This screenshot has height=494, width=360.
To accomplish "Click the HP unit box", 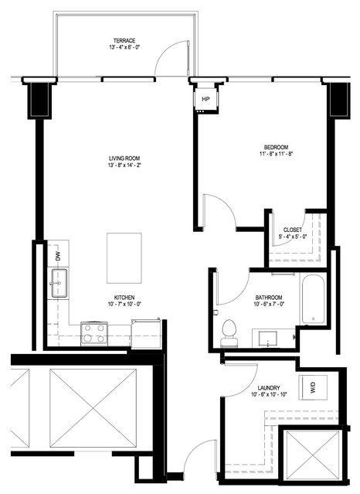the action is coord(205,99).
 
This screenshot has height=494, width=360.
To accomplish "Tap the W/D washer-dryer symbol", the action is coord(313,387).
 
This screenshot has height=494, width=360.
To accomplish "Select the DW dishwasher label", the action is coord(58,257).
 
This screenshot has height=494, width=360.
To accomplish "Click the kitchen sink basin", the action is coord(59,283).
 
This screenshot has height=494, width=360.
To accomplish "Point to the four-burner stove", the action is coord(94,334).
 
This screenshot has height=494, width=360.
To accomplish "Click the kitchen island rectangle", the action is coord(124,258).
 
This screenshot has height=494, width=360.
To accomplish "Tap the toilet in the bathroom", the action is coord(229,333).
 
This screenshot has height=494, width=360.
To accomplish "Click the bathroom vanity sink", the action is coord(268,339).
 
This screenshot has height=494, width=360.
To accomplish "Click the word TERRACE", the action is coord(124,41).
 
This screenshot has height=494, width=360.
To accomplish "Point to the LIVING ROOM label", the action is coord(124,158).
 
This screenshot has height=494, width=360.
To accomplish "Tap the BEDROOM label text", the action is coord(276,147).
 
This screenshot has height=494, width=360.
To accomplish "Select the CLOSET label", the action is coord(293,230).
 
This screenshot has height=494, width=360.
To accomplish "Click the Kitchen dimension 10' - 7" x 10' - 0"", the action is coord(124,305).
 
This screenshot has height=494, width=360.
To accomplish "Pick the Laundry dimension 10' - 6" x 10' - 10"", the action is coord(269,394).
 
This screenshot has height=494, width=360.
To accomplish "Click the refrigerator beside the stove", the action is coord(146,334).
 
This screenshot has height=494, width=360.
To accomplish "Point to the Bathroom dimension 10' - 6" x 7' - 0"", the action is coord(269,305).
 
